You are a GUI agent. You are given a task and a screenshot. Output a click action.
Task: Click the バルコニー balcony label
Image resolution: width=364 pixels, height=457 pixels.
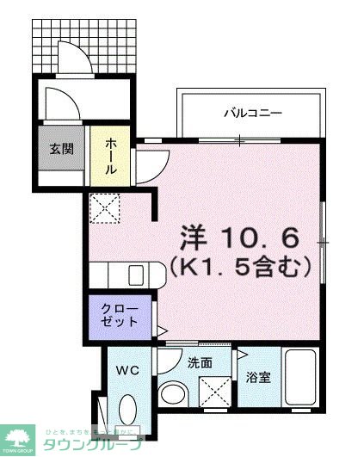[253, 113]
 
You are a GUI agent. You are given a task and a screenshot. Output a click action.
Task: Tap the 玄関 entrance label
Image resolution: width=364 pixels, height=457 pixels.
[60, 148]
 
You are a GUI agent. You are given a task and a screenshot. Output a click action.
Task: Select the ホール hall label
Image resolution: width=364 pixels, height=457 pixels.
[111, 158]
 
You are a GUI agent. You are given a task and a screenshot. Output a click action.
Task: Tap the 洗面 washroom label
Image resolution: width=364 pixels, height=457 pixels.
[200, 362]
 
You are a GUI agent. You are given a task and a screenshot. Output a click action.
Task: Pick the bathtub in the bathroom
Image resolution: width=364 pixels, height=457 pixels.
[301, 383]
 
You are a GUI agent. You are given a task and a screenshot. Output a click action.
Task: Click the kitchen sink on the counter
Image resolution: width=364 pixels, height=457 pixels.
[136, 275]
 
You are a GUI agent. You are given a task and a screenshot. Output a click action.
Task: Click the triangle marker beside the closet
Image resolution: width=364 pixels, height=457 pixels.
[161, 329]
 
